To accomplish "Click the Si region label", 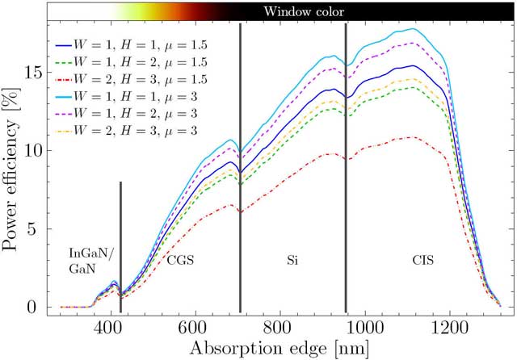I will point(292,261).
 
